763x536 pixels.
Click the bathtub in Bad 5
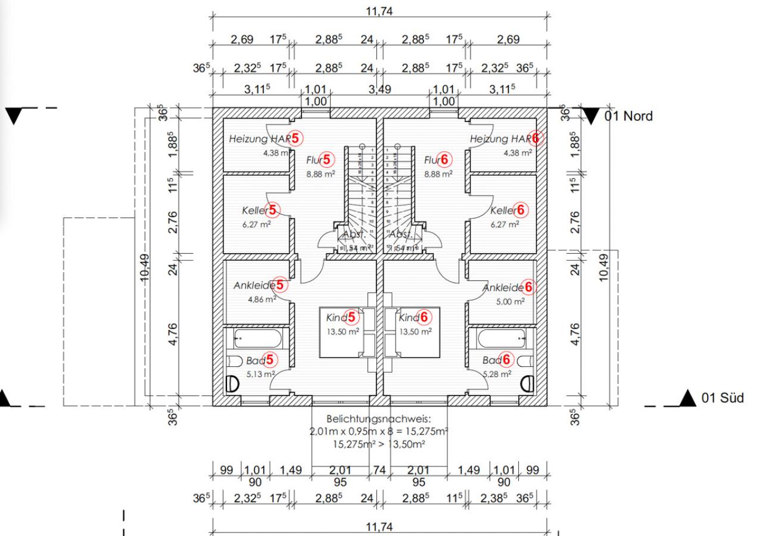pos(258,339)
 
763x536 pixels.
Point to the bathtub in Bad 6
pos(502,339)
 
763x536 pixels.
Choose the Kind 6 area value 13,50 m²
pos(415,332)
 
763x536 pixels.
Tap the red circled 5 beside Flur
pos(327,160)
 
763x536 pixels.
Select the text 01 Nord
pos(628,116)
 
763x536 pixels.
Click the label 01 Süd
pos(722,398)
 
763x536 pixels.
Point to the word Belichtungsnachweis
pos(378,419)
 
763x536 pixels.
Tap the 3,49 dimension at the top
pos(380,90)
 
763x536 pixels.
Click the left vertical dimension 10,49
pos(146,269)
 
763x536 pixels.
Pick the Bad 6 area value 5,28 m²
pos(497,375)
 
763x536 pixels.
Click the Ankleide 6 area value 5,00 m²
pos(511,303)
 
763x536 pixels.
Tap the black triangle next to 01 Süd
pos(688,397)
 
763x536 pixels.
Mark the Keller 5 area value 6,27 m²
pos(256,225)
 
